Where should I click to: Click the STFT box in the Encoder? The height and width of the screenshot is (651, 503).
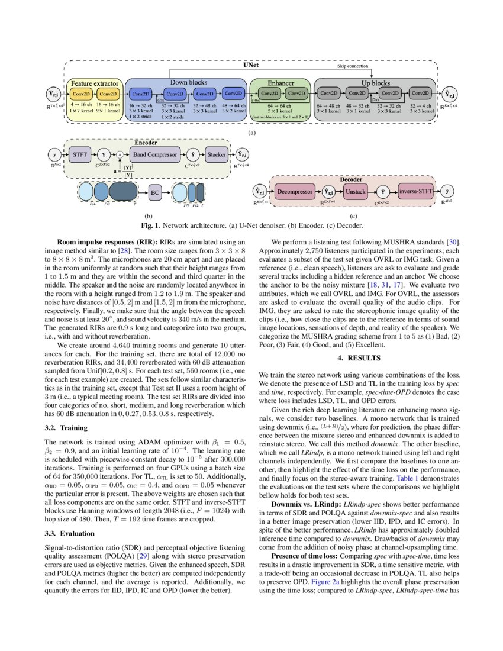pyautogui.click(x=81, y=154)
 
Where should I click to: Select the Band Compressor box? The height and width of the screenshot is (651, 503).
pyautogui.click(x=155, y=154)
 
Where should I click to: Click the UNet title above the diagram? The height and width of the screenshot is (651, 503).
pyautogui.click(x=251, y=66)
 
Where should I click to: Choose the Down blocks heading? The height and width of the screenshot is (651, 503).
pyautogui.click(x=187, y=82)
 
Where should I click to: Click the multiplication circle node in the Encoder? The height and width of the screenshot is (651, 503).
pyautogui.click(x=120, y=154)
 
